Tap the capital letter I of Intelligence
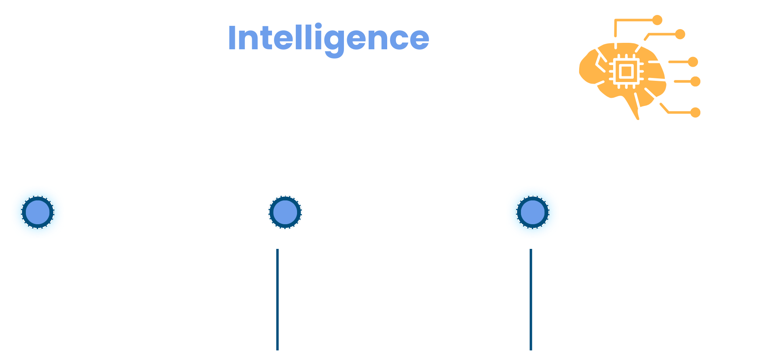(x=232, y=38)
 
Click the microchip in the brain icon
(x=626, y=72)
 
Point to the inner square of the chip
(x=626, y=72)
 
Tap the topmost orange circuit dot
(x=657, y=20)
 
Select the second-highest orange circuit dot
(x=680, y=34)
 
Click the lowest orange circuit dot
(x=695, y=112)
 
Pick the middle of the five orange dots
(x=693, y=62)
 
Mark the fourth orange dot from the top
(x=695, y=82)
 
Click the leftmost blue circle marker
(x=38, y=212)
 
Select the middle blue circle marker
(x=285, y=212)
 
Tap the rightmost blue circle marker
(x=533, y=212)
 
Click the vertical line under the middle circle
(x=277, y=299)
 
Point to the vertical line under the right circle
(x=531, y=299)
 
